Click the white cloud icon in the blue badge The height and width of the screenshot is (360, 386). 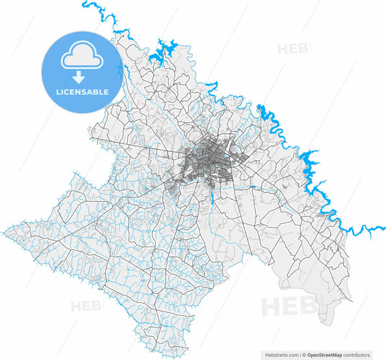coord(78,55)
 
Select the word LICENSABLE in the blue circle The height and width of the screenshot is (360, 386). coord(78,92)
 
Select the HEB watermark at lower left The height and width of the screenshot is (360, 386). coord(86,306)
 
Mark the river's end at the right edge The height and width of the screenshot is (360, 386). coord(381,225)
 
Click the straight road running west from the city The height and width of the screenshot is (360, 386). coord(145,149)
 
